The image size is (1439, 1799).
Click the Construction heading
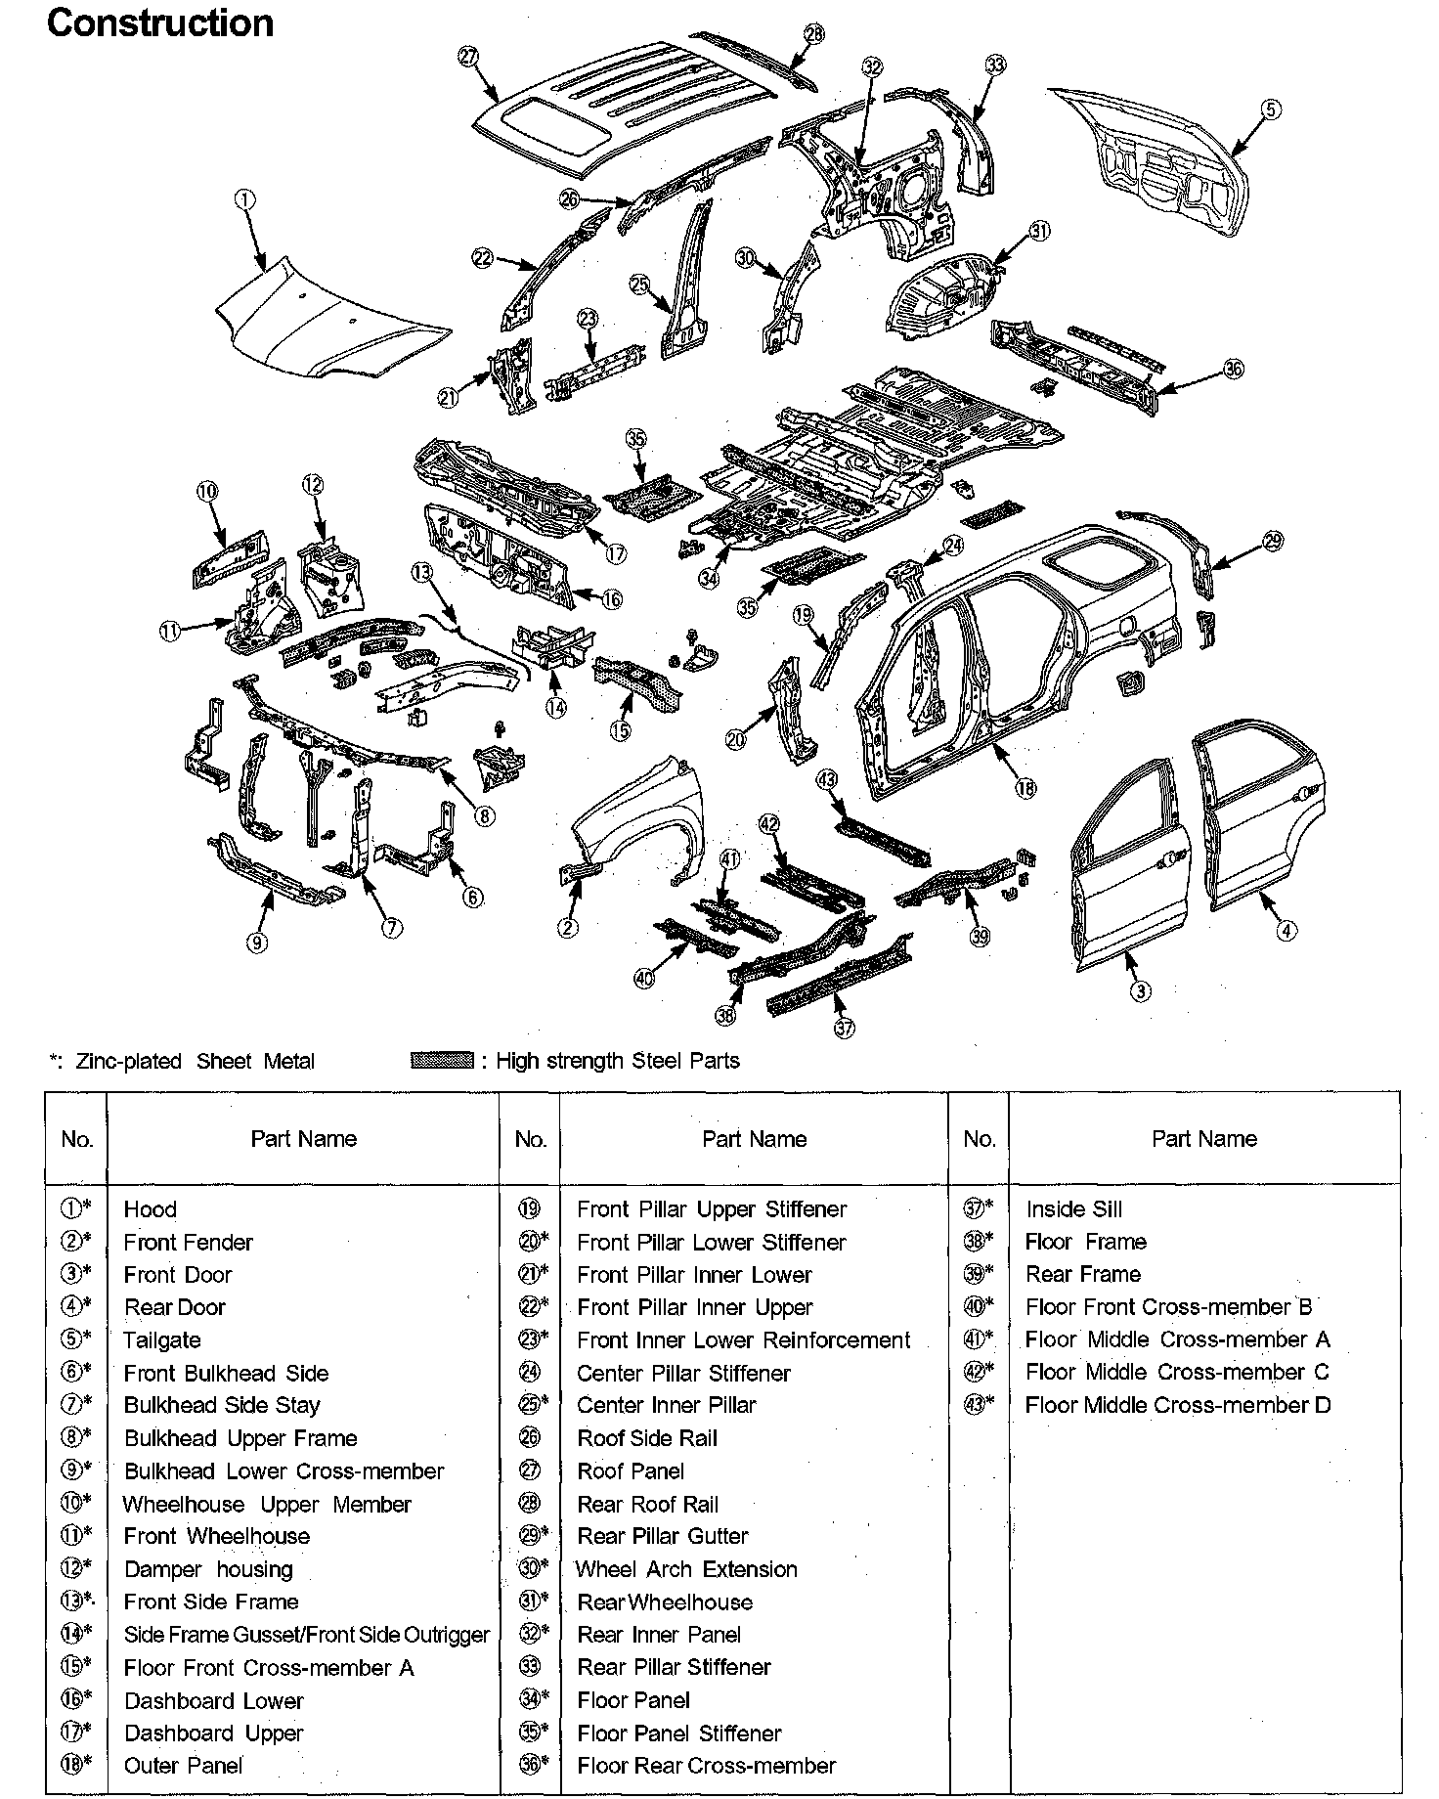coord(160,23)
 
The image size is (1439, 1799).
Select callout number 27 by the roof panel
coord(468,56)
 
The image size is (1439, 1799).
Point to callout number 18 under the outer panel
coord(1025,788)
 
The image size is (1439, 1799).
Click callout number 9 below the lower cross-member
coord(256,943)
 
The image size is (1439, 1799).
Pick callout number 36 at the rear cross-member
coord(1234,370)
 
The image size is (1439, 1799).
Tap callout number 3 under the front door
coord(1140,990)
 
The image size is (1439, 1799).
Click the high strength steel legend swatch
coord(442,1061)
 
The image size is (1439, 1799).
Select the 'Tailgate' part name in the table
coord(162,1340)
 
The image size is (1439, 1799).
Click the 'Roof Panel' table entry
coord(631,1471)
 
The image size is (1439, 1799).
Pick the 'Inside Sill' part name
coord(1073,1209)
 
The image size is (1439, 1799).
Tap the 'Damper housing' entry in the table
coord(208,1569)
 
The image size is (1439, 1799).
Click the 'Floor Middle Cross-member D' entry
coord(1178,1406)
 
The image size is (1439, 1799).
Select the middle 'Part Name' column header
coord(754,1139)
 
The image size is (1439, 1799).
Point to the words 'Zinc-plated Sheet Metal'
coord(196,1062)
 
